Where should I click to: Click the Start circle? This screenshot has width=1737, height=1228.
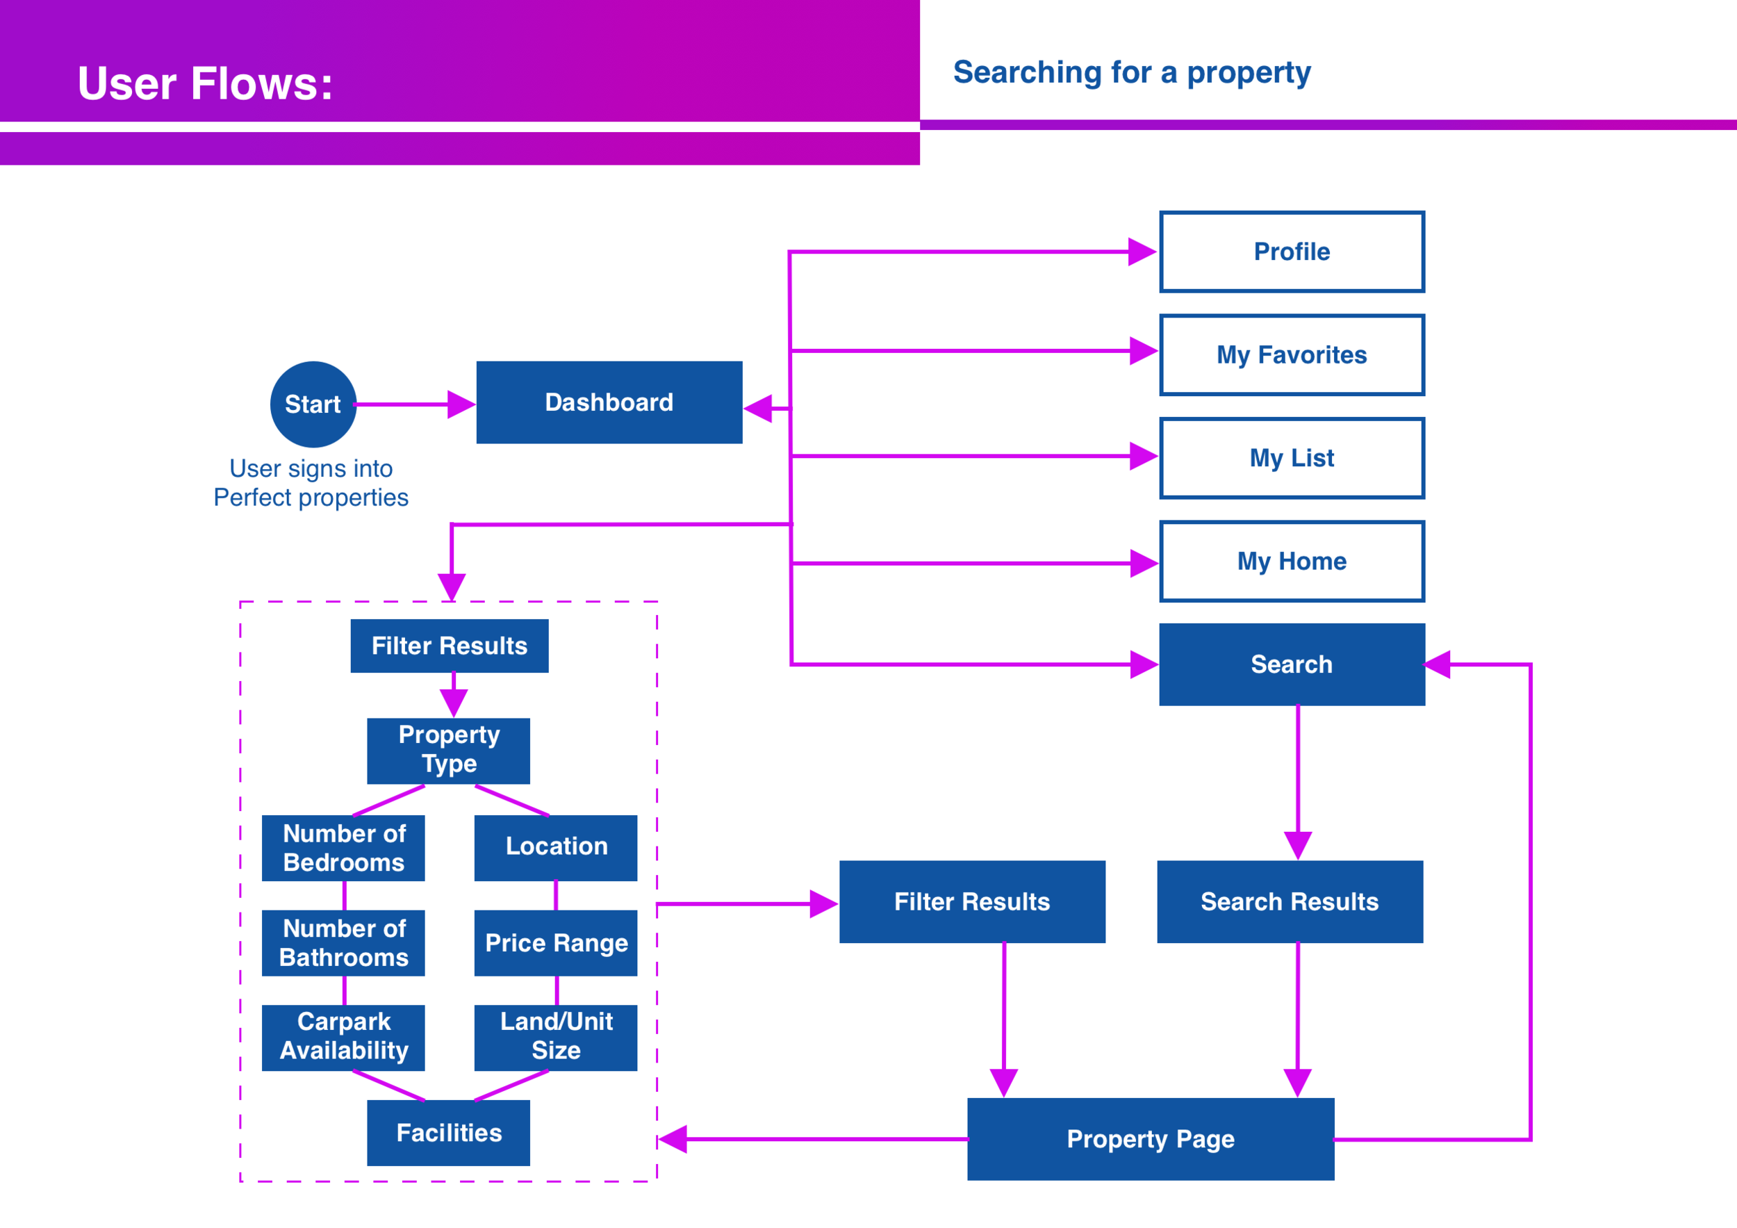click(313, 404)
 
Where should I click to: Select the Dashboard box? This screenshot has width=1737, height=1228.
click(609, 402)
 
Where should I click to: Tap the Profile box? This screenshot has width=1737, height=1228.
click(1292, 252)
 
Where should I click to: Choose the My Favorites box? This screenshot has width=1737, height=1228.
click(1292, 355)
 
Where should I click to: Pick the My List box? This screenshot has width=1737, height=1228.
click(1292, 458)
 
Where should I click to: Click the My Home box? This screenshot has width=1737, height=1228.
click(1292, 561)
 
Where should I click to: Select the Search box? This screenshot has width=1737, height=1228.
click(1292, 664)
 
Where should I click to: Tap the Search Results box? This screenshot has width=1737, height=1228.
click(1289, 901)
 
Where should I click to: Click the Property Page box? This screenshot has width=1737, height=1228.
click(1150, 1139)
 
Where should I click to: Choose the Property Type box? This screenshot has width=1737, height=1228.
click(449, 751)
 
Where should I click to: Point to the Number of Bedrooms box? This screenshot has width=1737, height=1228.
click(343, 847)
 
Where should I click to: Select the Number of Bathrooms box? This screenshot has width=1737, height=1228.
click(343, 943)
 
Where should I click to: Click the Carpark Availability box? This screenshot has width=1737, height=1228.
click(343, 1038)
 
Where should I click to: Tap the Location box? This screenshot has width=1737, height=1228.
click(556, 847)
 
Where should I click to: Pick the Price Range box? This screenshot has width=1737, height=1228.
click(556, 943)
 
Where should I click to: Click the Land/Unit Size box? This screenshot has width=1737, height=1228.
click(556, 1038)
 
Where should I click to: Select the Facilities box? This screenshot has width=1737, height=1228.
click(449, 1133)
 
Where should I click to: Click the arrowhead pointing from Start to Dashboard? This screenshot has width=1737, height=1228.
click(460, 404)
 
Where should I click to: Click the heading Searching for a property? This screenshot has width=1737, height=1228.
click(1131, 73)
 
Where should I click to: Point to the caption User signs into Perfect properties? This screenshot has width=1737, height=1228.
click(311, 483)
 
